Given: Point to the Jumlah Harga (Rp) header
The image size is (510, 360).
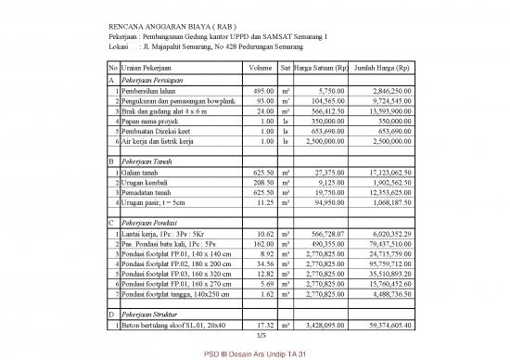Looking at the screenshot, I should click(x=389, y=68).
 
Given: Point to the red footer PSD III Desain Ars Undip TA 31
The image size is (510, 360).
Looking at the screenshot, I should click(x=254, y=354).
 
